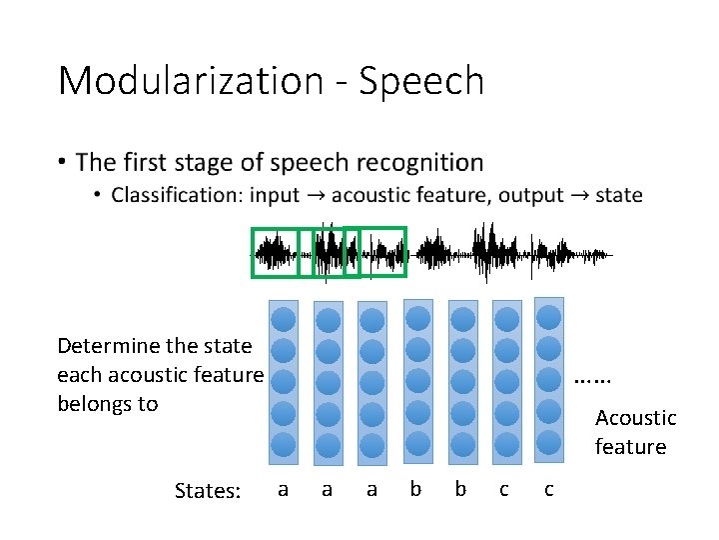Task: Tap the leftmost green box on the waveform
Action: point(275,252)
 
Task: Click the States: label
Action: point(208,490)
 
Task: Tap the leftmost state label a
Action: point(283,489)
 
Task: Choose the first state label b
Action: point(415,489)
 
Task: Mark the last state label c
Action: point(548,489)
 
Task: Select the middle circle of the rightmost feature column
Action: point(548,379)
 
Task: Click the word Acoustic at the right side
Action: point(635,418)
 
